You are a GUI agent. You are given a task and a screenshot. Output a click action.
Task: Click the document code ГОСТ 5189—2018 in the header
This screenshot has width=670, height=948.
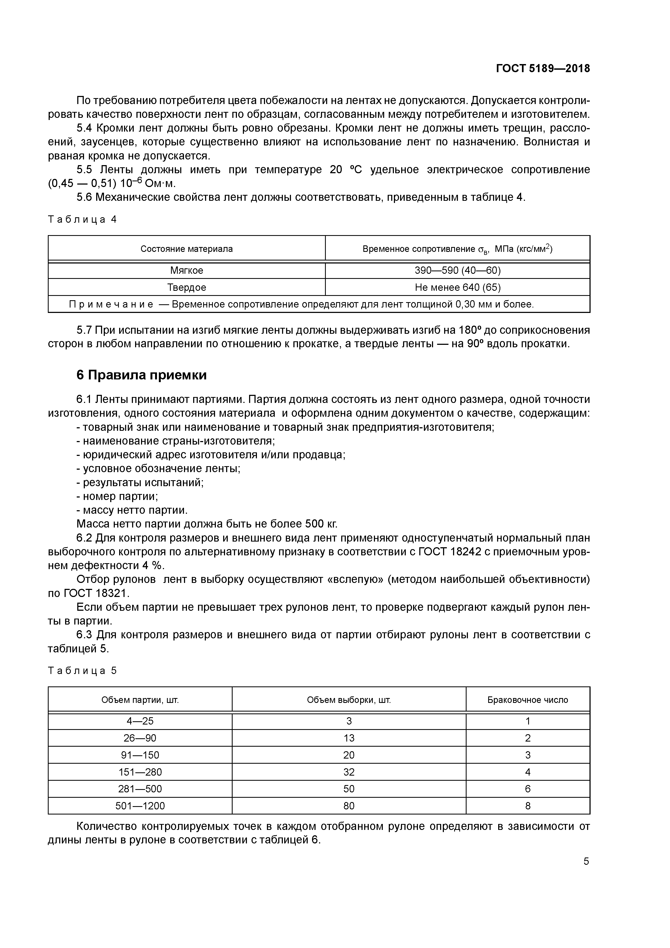click(542, 69)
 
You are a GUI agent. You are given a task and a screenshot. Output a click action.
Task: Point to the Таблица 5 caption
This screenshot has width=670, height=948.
click(83, 670)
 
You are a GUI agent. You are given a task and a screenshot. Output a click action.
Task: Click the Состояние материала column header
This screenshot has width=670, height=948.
click(187, 249)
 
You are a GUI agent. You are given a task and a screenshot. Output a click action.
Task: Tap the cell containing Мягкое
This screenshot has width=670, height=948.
click(187, 271)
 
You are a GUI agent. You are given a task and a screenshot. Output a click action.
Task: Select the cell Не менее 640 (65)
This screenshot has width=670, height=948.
click(457, 287)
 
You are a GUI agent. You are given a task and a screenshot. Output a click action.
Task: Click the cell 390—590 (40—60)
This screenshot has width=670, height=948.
click(457, 271)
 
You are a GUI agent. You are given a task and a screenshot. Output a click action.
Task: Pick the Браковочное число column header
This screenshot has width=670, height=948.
click(528, 700)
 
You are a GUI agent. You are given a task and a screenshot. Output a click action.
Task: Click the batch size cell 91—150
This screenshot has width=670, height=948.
click(140, 755)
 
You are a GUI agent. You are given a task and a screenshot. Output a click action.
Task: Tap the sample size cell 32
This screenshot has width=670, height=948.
click(349, 772)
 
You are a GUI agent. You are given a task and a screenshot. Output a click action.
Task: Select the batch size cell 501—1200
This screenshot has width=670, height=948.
click(140, 806)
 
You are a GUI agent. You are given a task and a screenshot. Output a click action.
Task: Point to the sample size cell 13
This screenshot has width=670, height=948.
click(349, 738)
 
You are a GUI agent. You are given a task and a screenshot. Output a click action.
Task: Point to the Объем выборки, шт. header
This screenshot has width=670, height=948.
click(349, 700)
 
